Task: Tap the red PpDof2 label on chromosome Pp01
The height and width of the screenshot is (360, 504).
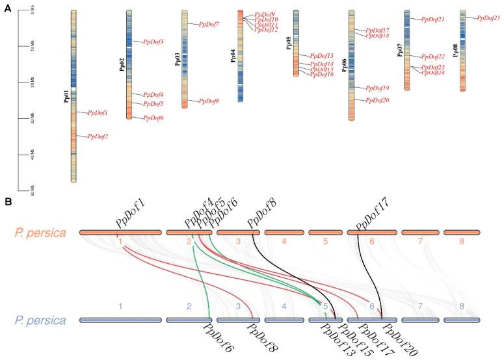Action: [x=98, y=136]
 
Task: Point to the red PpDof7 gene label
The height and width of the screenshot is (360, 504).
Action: [x=209, y=24]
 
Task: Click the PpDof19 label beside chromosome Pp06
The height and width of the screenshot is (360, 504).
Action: [x=377, y=88]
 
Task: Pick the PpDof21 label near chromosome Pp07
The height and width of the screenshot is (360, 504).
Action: [x=433, y=19]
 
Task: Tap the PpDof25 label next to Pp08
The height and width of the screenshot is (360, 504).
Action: [x=488, y=18]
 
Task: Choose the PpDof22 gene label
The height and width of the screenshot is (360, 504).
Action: [x=433, y=57]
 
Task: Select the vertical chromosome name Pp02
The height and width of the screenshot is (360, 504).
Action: [x=122, y=65]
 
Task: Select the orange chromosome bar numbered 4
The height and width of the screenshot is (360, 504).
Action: [x=284, y=232]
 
